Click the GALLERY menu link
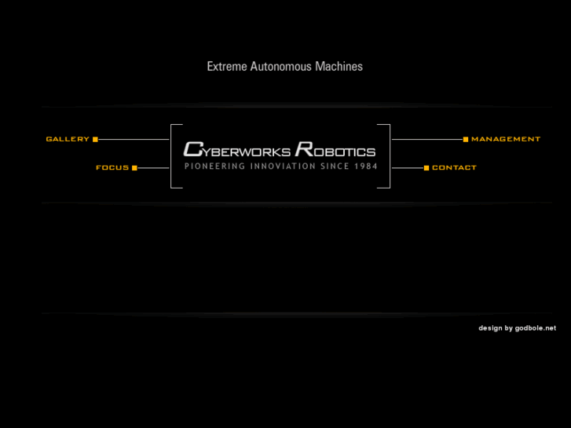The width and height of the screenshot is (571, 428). (68, 139)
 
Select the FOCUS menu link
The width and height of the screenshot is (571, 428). (112, 167)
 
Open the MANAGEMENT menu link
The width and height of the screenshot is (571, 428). (506, 139)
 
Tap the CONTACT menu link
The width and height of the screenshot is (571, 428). (454, 167)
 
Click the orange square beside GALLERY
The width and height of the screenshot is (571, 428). (95, 139)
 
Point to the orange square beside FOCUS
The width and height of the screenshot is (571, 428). (134, 167)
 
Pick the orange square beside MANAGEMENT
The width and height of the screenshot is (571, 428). (465, 139)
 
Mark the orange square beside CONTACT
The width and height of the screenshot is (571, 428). (426, 167)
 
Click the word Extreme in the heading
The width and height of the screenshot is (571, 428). (227, 67)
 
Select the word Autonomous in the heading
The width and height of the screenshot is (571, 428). (280, 67)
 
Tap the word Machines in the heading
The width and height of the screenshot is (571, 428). (339, 67)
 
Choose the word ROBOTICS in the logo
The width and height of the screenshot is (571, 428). (335, 149)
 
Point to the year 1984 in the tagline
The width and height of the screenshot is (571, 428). (366, 166)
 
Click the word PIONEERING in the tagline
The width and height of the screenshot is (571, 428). (215, 166)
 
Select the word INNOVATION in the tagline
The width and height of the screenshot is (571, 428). (283, 166)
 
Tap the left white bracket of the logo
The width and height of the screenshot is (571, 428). (172, 156)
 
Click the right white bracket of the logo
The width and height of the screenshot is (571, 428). (389, 156)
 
